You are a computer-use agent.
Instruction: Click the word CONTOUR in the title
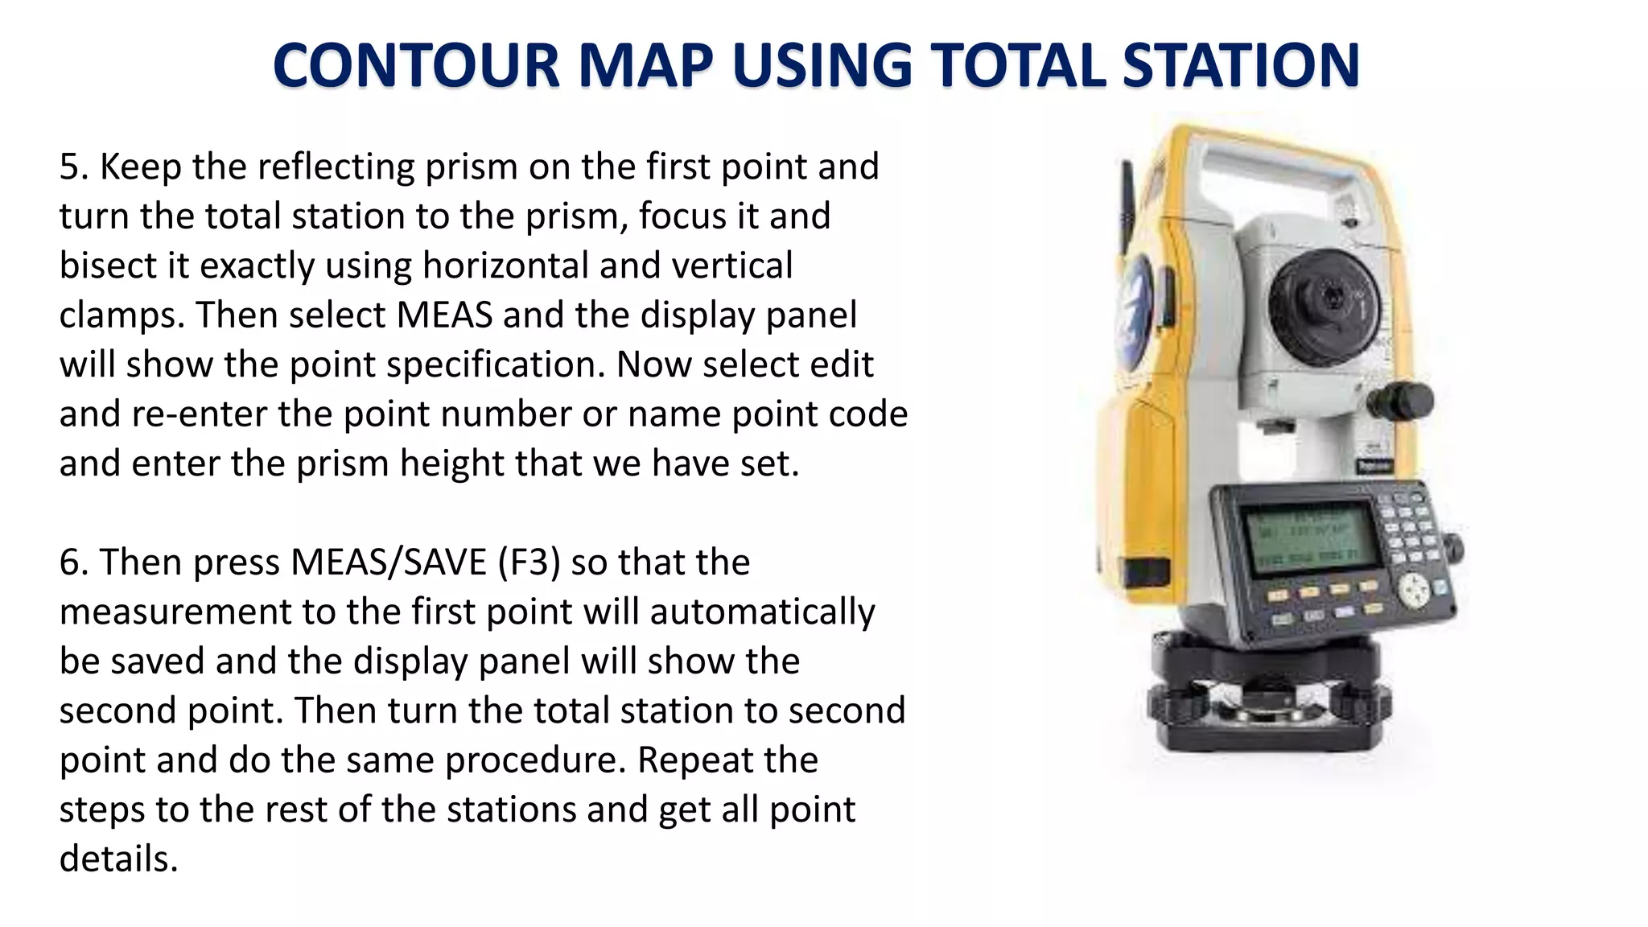(416, 65)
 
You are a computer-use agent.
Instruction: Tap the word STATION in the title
(1240, 65)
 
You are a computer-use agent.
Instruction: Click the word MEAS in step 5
(444, 315)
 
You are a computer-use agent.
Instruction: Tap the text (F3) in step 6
(529, 562)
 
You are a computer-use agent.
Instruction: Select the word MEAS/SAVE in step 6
(389, 562)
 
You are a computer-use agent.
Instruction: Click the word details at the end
(118, 859)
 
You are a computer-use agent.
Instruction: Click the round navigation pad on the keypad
(1414, 590)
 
